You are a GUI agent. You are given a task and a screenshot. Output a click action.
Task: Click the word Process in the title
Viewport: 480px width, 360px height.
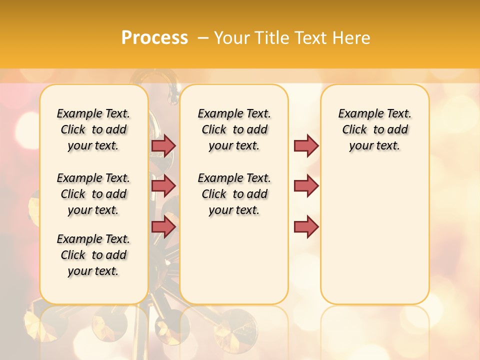point(154,38)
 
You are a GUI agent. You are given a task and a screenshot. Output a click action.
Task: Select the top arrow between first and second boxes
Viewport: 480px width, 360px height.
point(163,145)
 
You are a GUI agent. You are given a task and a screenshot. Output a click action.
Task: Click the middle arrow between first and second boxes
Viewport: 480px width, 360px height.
point(163,186)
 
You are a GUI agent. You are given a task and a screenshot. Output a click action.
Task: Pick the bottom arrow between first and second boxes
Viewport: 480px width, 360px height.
point(163,227)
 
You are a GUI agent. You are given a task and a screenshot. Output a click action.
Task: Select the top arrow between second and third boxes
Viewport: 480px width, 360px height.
point(306,145)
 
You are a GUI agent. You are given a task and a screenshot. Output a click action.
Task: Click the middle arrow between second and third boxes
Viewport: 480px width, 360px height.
point(306,186)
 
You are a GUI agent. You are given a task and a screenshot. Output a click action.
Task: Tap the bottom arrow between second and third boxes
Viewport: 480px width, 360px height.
point(306,227)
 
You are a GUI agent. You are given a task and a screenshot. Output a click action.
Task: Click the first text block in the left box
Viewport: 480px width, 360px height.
point(93,129)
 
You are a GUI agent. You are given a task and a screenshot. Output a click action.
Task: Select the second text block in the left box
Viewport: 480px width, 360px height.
point(93,194)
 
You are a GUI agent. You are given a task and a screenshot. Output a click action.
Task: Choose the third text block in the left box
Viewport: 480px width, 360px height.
point(93,255)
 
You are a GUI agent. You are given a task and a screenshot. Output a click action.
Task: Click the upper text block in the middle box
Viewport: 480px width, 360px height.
point(234,129)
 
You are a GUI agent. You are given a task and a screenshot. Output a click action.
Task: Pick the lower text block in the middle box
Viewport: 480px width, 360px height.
point(234,194)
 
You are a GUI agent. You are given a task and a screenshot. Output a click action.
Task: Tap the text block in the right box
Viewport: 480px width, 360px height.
point(375,129)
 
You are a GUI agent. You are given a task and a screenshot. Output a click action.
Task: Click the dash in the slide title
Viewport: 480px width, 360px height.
point(203,38)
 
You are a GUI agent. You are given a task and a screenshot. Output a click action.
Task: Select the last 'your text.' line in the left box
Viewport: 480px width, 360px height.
point(93,271)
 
